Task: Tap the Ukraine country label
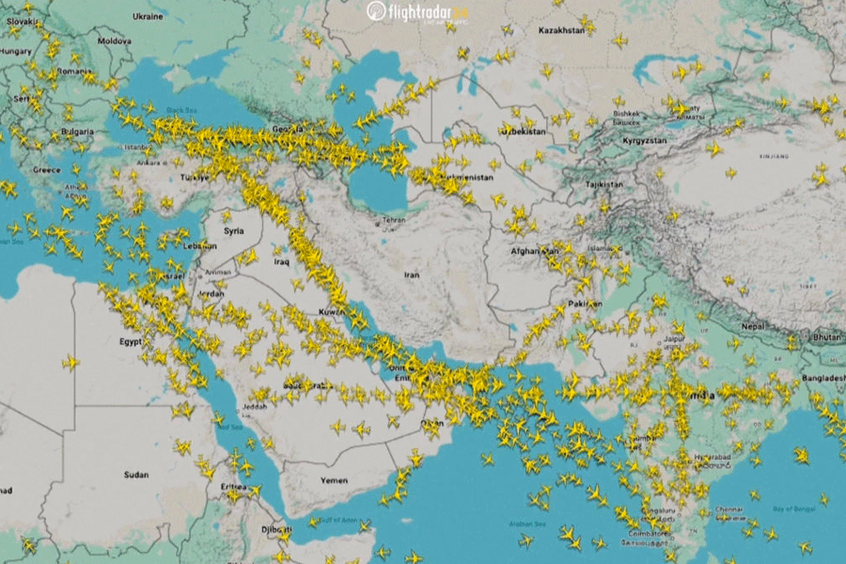147,16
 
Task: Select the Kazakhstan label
560,31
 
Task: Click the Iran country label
412,274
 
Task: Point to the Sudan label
135,475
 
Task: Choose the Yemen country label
334,479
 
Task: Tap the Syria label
232,229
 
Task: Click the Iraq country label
281,261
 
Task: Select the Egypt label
131,342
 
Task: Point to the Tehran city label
392,223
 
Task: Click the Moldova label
115,41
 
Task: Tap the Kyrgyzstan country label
644,140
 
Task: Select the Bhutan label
827,337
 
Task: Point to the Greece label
46,170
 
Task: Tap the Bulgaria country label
76,133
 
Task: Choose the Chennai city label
729,509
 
